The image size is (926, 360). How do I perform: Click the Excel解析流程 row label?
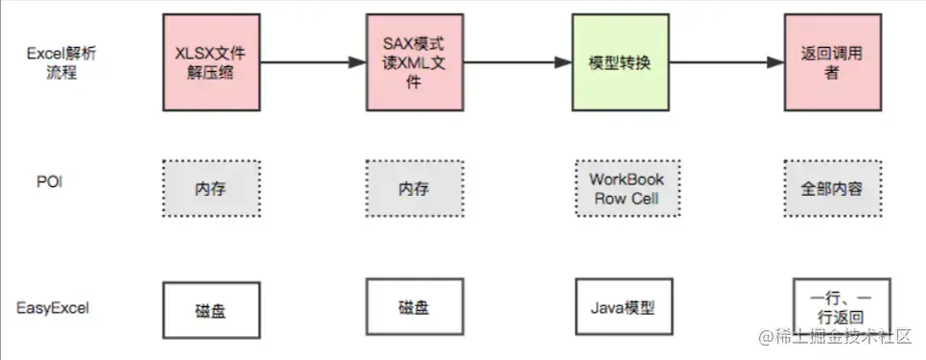tap(59, 63)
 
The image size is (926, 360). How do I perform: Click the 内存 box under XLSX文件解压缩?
tap(211, 187)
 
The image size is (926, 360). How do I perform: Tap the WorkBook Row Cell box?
tap(626, 188)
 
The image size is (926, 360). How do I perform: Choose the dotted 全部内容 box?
tap(830, 188)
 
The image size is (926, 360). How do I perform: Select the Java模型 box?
tap(626, 308)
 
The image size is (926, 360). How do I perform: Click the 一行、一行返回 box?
tap(829, 308)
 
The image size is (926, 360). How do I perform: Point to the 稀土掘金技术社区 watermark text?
tap(840, 339)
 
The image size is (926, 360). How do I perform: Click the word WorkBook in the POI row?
tap(626, 180)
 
